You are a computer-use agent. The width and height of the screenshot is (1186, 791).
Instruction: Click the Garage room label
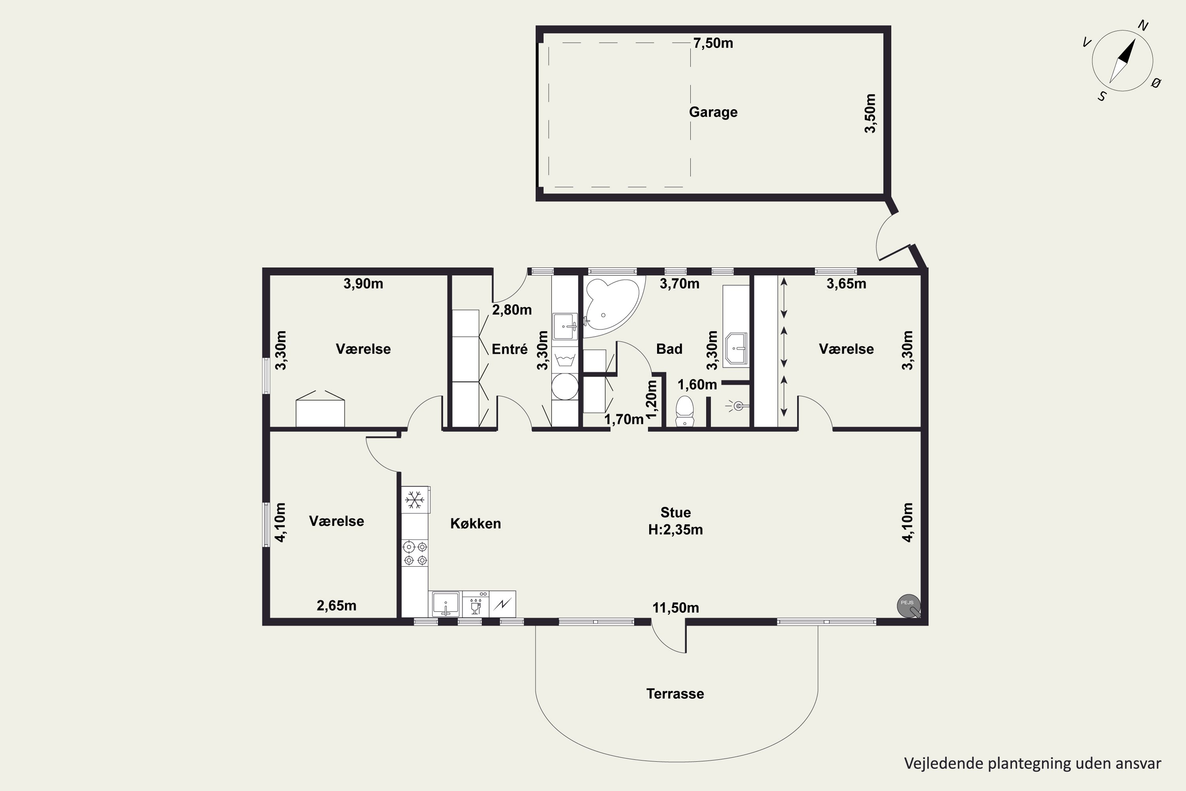point(713,112)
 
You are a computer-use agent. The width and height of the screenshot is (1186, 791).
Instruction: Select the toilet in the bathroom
point(684,411)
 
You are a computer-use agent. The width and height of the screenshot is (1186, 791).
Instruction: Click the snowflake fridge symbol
point(414,500)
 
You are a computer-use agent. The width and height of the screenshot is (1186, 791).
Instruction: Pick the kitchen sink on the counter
point(445,604)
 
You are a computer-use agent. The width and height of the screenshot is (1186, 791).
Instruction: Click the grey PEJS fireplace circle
point(908,606)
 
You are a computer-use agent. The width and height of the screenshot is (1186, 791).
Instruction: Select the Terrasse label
point(675,694)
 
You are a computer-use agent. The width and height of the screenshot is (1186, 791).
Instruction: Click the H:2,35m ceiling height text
point(676,530)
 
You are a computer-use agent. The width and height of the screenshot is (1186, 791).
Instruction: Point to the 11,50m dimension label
point(676,608)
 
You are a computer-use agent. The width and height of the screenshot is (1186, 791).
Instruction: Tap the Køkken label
point(476,524)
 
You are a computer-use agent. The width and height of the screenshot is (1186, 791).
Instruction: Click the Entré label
point(510,349)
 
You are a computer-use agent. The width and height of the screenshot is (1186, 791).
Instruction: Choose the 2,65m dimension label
point(336,606)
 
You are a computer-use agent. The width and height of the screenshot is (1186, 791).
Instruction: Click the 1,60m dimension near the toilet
point(697,385)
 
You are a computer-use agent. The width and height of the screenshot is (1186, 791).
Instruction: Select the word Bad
point(669,349)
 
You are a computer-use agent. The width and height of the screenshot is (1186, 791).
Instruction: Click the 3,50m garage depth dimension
point(871,114)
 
